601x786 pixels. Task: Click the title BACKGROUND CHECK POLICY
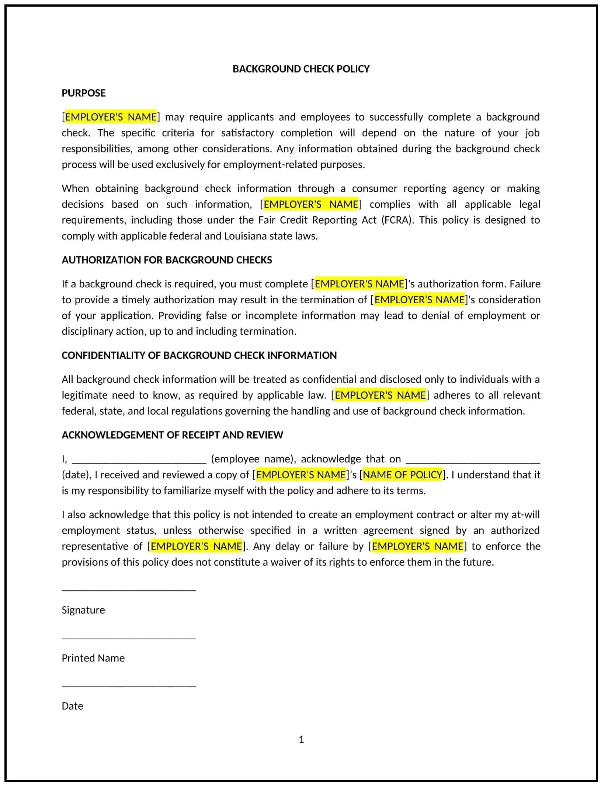pyautogui.click(x=301, y=69)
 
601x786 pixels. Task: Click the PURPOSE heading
pyautogui.click(x=84, y=93)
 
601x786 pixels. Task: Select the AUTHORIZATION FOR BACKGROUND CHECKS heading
pyautogui.click(x=167, y=260)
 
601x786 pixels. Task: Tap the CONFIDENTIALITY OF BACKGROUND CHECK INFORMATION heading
pyautogui.click(x=199, y=355)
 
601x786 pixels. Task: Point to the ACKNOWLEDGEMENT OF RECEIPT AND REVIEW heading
pyautogui.click(x=172, y=435)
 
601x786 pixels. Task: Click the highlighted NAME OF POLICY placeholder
pyautogui.click(x=403, y=475)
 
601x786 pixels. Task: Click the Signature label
pyautogui.click(x=83, y=610)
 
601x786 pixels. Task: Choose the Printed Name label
pyautogui.click(x=93, y=658)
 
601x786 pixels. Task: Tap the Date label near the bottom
pyautogui.click(x=72, y=706)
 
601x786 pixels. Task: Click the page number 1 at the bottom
pyautogui.click(x=301, y=740)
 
